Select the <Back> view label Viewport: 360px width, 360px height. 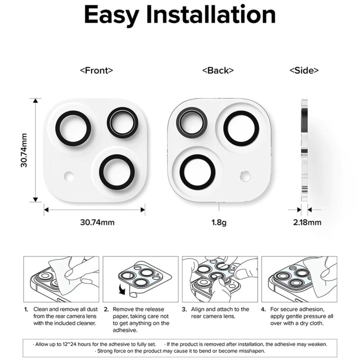click(218, 70)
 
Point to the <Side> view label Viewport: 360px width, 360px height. click(304, 70)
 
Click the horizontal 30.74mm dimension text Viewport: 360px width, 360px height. click(97, 222)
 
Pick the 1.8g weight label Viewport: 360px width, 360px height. click(218, 222)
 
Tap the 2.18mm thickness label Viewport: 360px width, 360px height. click(307, 222)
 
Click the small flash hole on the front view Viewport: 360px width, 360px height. click(69, 175)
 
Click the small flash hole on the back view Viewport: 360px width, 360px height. click(245, 175)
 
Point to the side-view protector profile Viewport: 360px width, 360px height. click(304, 150)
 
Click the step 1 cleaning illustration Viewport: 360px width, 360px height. click(61, 279)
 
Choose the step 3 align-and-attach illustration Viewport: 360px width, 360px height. click(220, 279)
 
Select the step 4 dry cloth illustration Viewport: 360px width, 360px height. click(299, 279)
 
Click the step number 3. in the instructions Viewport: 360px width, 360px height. click(184, 310)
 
